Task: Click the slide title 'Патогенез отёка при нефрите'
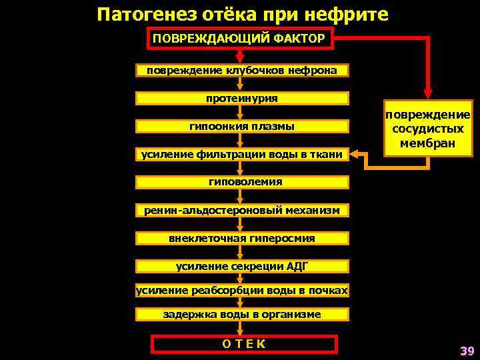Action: pos(241,14)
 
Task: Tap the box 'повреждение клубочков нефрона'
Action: pos(242,71)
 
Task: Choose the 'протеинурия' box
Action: pos(242,99)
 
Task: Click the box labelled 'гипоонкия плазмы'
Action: pos(242,126)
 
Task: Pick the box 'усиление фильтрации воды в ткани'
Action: pos(242,155)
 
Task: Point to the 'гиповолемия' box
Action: pos(242,181)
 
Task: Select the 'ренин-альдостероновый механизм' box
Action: pos(242,211)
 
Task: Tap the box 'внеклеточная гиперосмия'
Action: pos(242,238)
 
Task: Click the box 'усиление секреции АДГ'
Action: pos(242,266)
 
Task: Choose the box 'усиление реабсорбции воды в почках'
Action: pos(242,290)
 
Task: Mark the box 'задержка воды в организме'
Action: pos(242,314)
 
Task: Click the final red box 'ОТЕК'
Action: pos(244,344)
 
